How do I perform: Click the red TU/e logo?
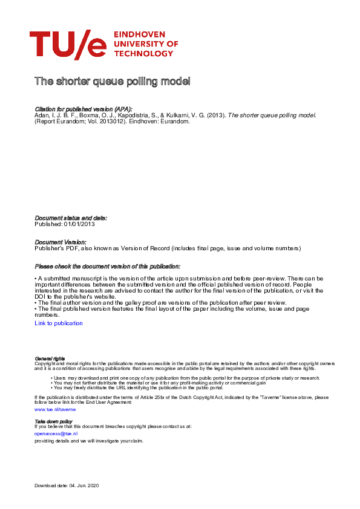coord(67,45)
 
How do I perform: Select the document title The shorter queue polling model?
coord(113,81)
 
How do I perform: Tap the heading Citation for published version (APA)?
coord(83,108)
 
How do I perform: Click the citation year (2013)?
coord(215,115)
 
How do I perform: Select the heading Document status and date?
coord(71,218)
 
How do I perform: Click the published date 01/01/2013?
coord(79,224)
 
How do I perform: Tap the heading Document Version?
coord(61,242)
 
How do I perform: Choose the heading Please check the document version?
coord(107,266)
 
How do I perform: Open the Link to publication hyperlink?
coord(59,323)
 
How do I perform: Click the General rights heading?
coord(50,358)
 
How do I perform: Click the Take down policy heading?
coord(53,421)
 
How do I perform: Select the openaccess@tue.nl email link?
coord(56,433)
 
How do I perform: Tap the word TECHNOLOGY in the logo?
coord(143,54)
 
